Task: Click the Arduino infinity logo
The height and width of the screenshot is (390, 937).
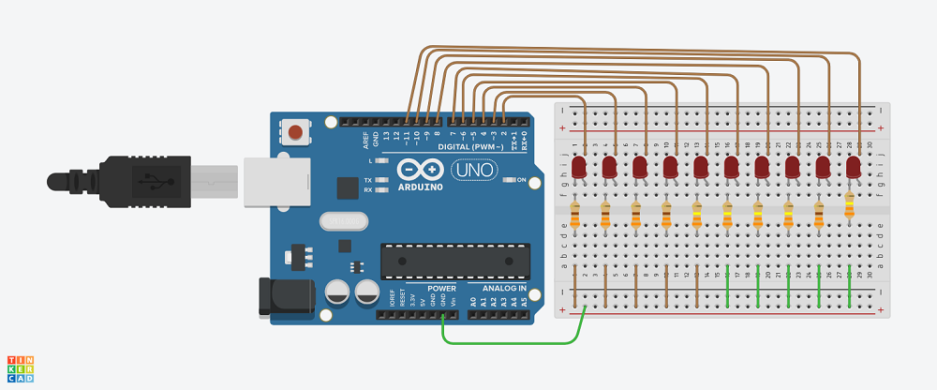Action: point(418,169)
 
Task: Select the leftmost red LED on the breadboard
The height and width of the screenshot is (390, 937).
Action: point(579,168)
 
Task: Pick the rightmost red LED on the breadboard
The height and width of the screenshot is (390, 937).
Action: point(853,167)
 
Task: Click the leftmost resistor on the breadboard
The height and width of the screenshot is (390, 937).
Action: point(575,216)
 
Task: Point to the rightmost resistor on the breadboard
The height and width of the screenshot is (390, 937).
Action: point(850,205)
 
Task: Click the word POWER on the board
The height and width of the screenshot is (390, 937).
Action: point(441,289)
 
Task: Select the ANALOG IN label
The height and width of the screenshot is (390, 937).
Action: point(504,289)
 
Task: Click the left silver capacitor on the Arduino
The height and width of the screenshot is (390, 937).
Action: point(336,293)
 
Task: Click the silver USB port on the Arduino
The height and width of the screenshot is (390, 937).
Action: point(275,181)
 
